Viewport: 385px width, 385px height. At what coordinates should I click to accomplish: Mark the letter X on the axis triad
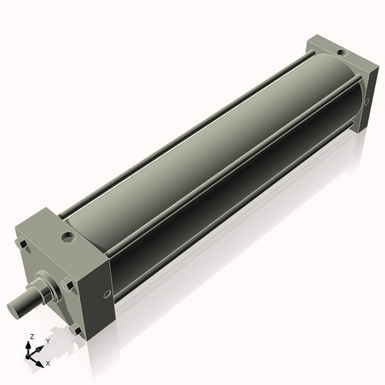(x=48, y=362)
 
